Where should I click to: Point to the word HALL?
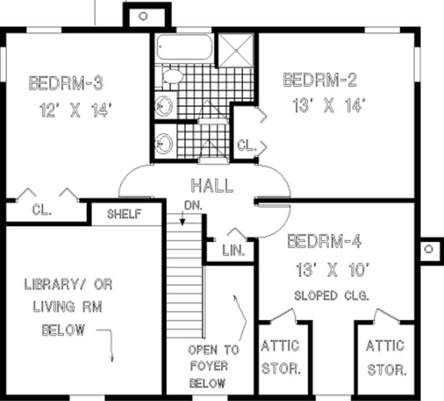click(211, 185)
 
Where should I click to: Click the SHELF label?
click(124, 214)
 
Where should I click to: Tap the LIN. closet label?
click(234, 250)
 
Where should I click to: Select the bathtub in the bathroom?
click(183, 49)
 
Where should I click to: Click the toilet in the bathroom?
click(173, 76)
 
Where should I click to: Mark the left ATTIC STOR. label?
click(280, 357)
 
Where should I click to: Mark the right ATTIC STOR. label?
click(386, 357)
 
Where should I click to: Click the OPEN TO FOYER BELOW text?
click(213, 367)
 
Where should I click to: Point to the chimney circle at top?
click(143, 16)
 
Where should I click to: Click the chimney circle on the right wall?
click(429, 249)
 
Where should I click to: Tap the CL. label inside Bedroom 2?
click(246, 146)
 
